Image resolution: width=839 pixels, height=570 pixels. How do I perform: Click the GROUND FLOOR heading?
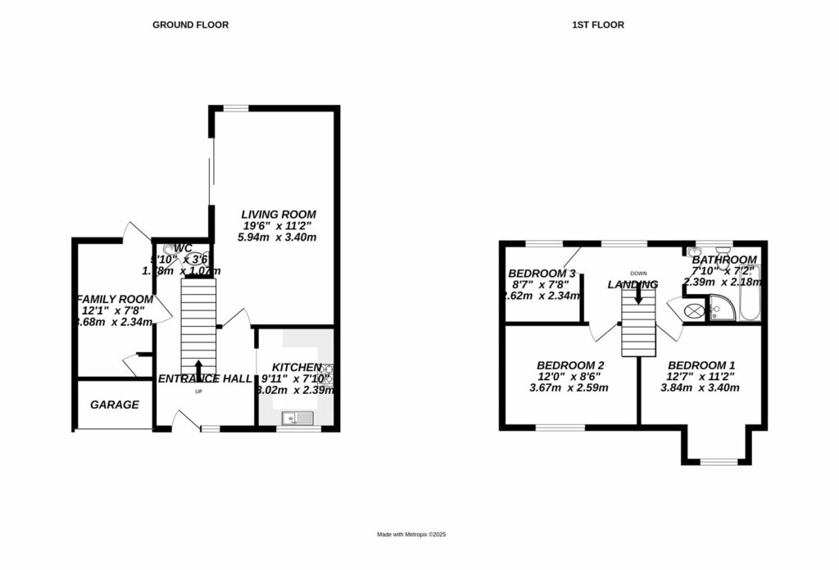pyautogui.click(x=190, y=25)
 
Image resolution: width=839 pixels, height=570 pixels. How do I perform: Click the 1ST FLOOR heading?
pyautogui.click(x=597, y=25)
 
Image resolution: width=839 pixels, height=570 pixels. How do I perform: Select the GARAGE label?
pyautogui.click(x=114, y=405)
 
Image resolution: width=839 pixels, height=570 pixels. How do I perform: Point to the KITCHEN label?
pyautogui.click(x=296, y=367)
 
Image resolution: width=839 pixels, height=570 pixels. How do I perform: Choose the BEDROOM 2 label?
pyautogui.click(x=570, y=365)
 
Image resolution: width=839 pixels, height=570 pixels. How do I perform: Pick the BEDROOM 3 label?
pyautogui.click(x=542, y=274)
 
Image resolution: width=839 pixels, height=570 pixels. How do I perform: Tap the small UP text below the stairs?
pyautogui.click(x=198, y=391)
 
